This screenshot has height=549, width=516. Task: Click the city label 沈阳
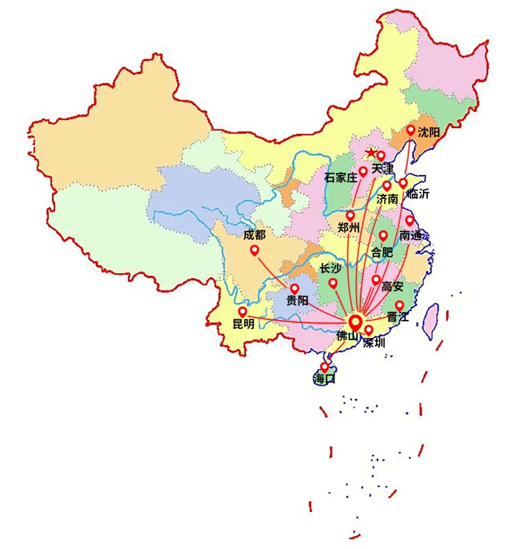pos(428,132)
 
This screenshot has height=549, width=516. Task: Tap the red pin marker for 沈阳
pos(410,130)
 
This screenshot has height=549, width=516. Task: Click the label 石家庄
pos(341,178)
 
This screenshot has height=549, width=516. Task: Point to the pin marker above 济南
pos(387,185)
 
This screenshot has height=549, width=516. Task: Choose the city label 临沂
pos(418,194)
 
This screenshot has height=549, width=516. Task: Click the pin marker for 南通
pos(409,220)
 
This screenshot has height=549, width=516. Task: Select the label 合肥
pos(382,252)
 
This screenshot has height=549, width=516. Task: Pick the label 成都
pos(254,235)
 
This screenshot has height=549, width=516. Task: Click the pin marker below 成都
pos(254,249)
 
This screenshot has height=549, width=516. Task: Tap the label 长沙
pos(330,269)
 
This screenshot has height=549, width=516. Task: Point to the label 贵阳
pos(297,301)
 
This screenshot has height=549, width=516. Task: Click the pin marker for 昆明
pos(243,312)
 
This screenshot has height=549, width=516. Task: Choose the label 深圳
pos(374,342)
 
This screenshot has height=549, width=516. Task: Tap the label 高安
pos(392,287)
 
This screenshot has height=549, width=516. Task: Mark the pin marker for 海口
pos(325,367)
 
